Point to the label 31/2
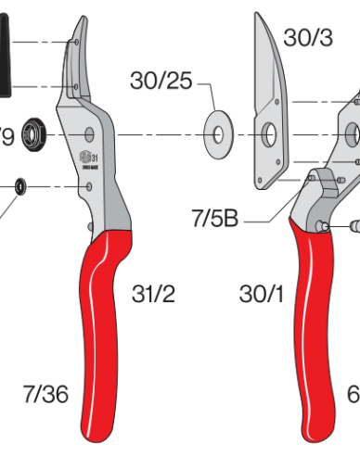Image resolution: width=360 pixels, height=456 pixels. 153,295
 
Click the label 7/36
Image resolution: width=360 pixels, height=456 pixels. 45,394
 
